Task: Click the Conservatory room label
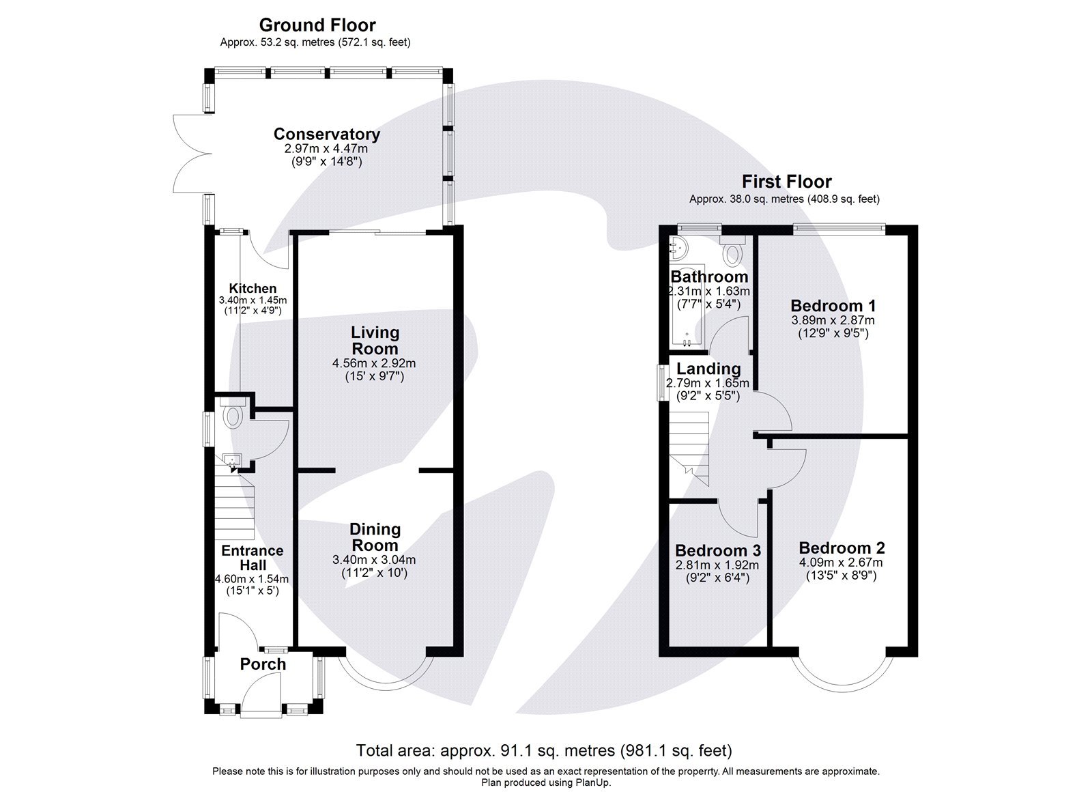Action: click(326, 134)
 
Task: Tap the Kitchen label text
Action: click(253, 289)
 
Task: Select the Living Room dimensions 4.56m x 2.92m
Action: click(374, 363)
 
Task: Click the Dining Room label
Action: click(375, 537)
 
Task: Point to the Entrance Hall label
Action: click(252, 558)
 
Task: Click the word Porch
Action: click(263, 664)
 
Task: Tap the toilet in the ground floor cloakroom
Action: click(232, 415)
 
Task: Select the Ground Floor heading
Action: click(317, 26)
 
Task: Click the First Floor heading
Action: click(786, 182)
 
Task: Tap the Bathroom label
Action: click(709, 277)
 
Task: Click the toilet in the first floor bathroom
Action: click(733, 253)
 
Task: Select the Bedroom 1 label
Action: click(833, 306)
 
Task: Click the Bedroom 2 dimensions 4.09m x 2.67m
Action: click(841, 563)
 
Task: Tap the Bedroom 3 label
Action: click(717, 550)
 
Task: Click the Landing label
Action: click(708, 369)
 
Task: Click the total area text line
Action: click(543, 751)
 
